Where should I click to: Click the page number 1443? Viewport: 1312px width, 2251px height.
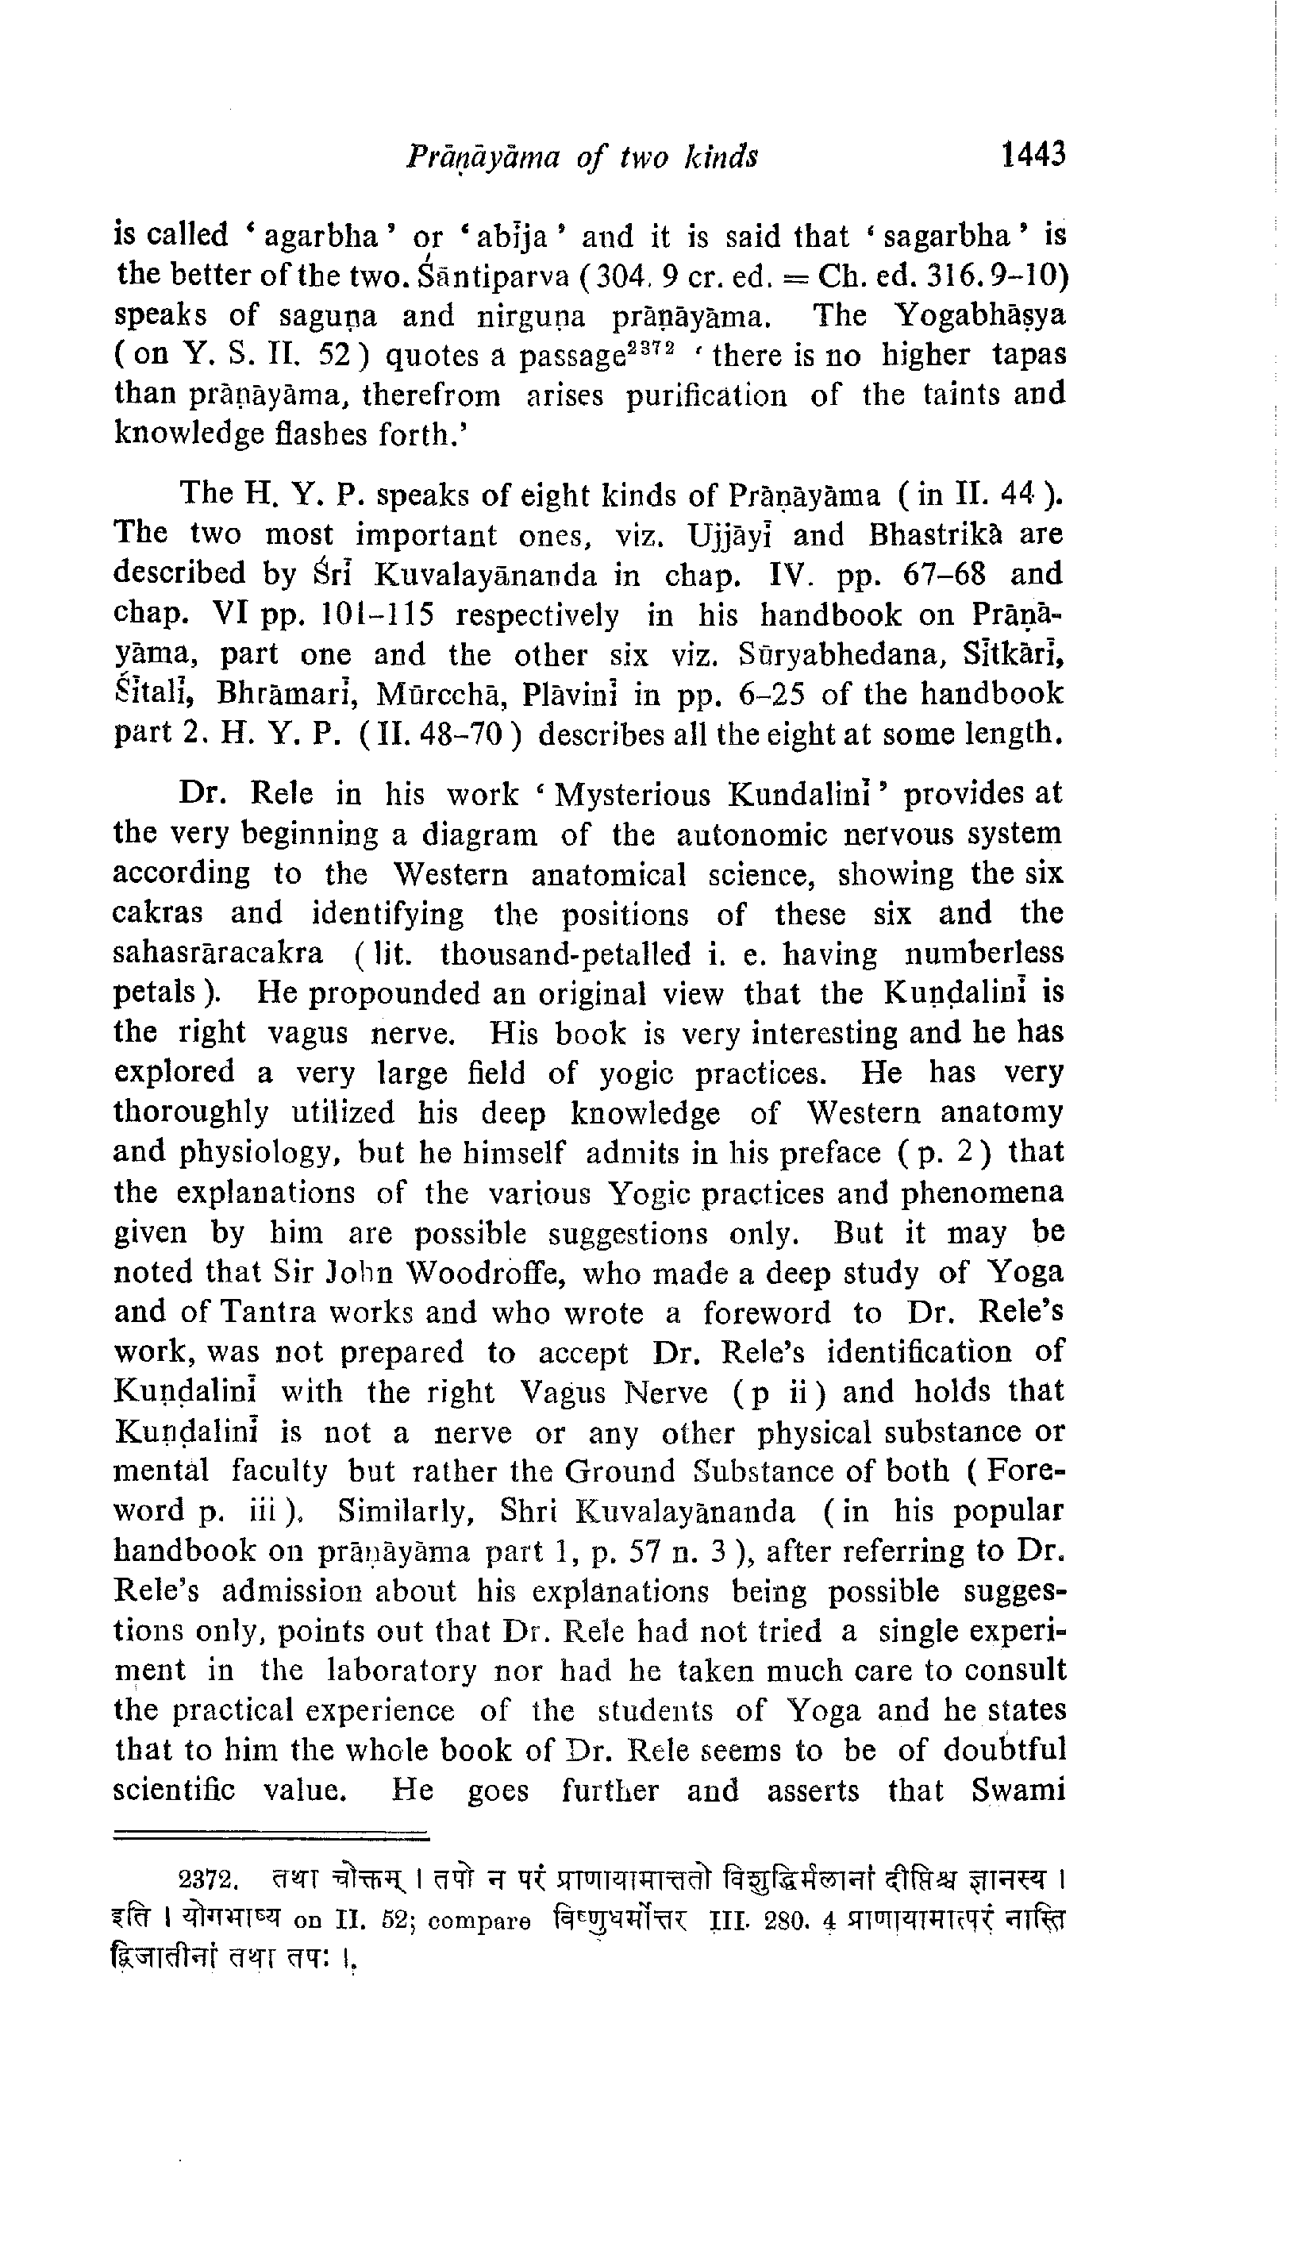point(1033,156)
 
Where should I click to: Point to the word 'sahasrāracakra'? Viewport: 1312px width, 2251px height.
point(219,954)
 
